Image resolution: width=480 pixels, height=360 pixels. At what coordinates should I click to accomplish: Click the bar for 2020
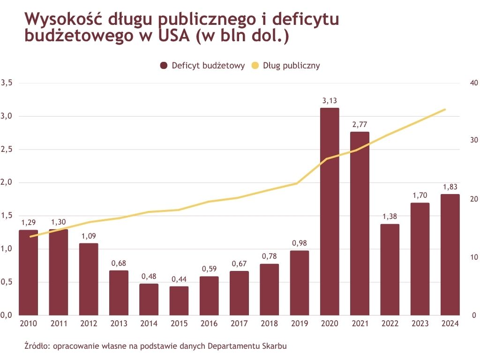click(x=330, y=211)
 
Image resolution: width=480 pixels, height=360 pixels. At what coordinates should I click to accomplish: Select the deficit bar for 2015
click(x=179, y=300)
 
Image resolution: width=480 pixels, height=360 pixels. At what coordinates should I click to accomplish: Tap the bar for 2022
click(x=390, y=270)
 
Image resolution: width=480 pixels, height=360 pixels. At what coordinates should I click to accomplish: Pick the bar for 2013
click(x=119, y=292)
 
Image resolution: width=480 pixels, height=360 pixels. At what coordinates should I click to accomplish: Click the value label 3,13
click(x=330, y=100)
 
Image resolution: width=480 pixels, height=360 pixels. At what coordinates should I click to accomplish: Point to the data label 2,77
click(x=360, y=124)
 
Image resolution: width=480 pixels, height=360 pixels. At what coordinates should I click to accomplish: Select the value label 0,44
click(x=179, y=279)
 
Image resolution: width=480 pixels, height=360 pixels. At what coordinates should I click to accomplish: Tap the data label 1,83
click(x=450, y=187)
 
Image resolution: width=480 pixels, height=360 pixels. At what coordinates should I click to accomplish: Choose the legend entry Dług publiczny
click(x=292, y=66)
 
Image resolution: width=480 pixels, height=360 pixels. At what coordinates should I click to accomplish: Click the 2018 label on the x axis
click(x=270, y=323)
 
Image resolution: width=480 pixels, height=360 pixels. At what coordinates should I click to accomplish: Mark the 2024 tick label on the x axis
click(x=450, y=323)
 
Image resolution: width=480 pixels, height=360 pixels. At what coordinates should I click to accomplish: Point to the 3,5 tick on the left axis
click(x=7, y=83)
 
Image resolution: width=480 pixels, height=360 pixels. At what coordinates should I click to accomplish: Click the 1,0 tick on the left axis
click(x=7, y=249)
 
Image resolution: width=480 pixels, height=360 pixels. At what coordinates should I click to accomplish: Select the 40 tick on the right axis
click(x=473, y=83)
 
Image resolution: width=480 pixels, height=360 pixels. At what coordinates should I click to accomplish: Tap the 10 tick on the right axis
click(x=473, y=257)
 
